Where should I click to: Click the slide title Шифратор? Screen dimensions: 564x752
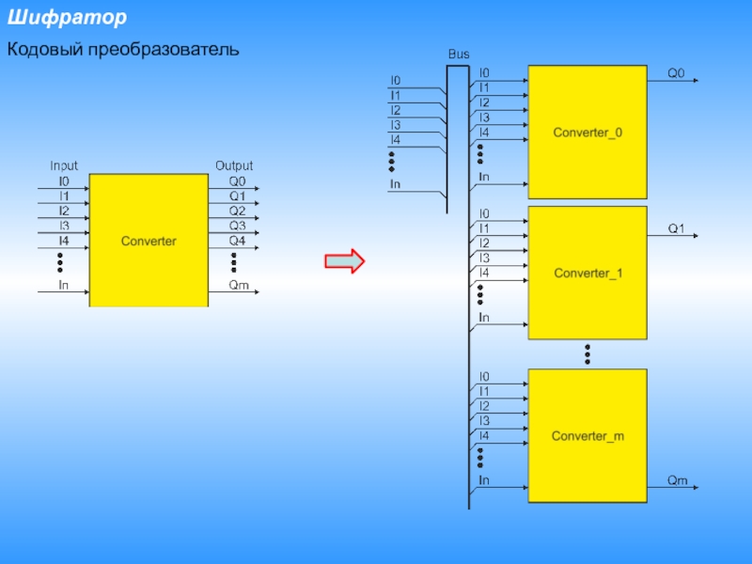[67, 18]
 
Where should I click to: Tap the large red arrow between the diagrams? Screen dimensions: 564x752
[344, 261]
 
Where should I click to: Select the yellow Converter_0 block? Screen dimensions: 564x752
[587, 132]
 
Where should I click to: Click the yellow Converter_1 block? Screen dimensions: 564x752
[587, 273]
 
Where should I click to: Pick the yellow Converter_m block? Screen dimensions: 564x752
[587, 436]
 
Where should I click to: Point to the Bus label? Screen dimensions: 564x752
[458, 55]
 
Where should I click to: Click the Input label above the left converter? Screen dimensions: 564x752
[64, 166]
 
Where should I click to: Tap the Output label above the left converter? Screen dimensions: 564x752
[234, 166]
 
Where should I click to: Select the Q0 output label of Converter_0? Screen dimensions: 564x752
[677, 72]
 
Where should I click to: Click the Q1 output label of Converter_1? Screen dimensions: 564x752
[677, 227]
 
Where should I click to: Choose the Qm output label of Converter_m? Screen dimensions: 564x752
[677, 480]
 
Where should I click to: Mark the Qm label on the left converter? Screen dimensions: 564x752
[239, 285]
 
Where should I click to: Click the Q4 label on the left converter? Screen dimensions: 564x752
[237, 241]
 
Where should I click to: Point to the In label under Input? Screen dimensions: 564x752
[64, 284]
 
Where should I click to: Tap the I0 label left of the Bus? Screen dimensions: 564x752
[396, 81]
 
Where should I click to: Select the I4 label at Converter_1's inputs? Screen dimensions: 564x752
[484, 273]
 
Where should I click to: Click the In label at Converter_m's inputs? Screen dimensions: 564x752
[484, 480]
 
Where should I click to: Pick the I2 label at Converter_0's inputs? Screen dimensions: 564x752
[484, 102]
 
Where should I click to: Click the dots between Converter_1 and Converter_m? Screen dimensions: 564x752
[587, 353]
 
